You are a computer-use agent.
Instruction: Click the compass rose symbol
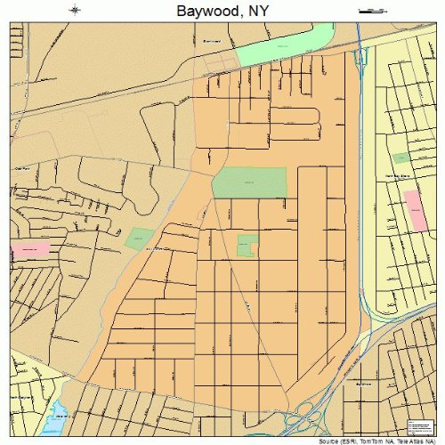(75, 11)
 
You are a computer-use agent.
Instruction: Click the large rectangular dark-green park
(249, 183)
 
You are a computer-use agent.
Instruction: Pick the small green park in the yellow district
(402, 158)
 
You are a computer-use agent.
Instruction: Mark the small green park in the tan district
(139, 238)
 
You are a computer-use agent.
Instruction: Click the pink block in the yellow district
(416, 210)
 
